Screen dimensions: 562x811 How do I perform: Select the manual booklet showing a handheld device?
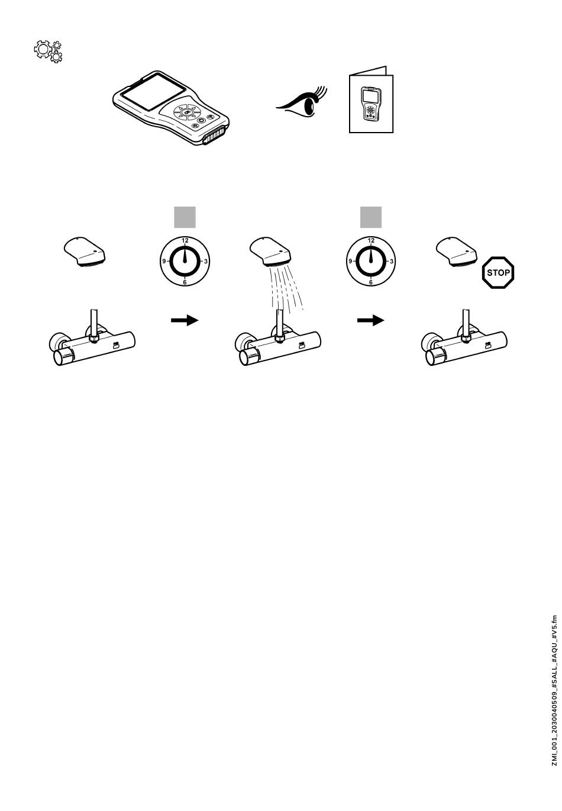click(x=371, y=101)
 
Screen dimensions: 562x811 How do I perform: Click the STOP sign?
click(x=498, y=272)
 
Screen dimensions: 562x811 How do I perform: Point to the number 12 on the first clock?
click(x=185, y=240)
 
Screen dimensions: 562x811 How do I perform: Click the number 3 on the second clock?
click(x=392, y=261)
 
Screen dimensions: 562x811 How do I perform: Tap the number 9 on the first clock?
click(x=164, y=261)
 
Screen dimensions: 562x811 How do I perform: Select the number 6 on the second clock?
click(x=371, y=282)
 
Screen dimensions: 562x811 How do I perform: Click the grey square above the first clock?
click(x=185, y=217)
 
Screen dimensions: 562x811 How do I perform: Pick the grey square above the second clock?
click(x=371, y=217)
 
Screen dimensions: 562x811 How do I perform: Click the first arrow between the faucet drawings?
click(x=185, y=320)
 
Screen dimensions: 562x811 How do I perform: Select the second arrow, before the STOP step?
click(x=371, y=320)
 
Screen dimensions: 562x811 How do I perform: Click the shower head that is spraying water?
click(x=270, y=251)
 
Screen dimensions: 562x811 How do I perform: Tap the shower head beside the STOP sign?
click(x=457, y=251)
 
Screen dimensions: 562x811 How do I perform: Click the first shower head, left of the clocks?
click(x=85, y=251)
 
